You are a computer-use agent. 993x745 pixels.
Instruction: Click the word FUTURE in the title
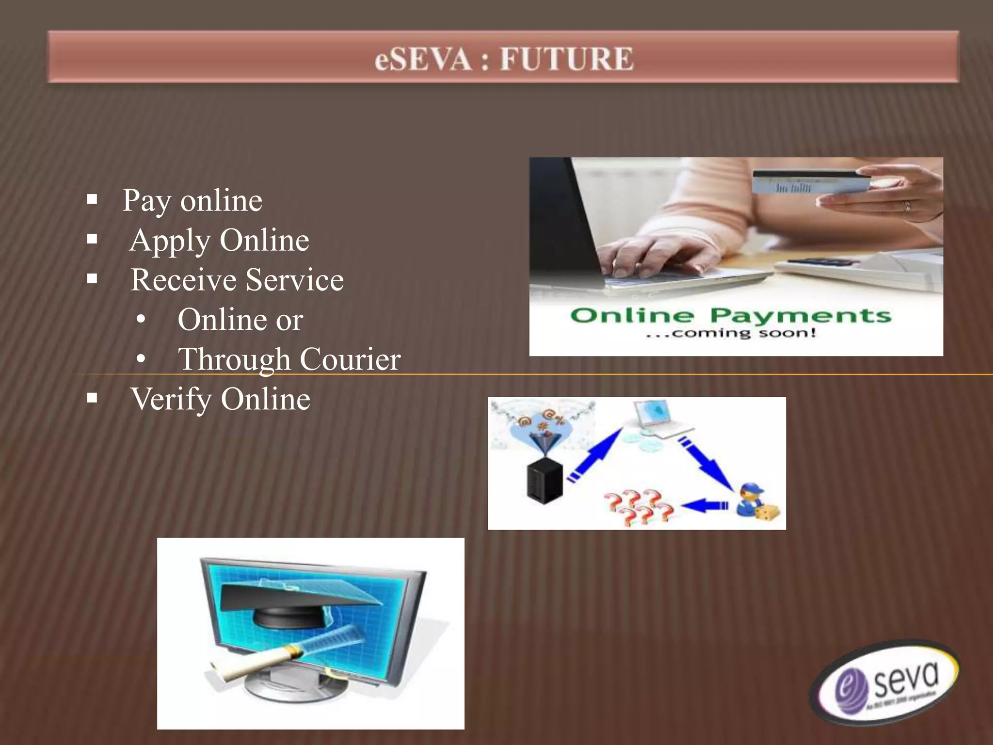point(566,59)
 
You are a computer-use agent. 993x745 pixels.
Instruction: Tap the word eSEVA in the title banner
point(423,59)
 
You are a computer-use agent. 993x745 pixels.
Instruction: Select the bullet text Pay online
point(192,200)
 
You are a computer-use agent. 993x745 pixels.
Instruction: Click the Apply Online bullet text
point(219,240)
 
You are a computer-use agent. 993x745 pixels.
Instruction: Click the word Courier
point(350,359)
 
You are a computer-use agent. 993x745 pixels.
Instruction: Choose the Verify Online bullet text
point(221,399)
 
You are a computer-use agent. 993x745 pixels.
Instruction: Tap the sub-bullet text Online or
point(240,320)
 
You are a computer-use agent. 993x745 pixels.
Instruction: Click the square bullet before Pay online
point(92,199)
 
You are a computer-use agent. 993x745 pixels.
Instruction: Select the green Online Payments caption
point(730,315)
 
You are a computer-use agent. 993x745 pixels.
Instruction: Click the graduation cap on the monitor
point(301,601)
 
